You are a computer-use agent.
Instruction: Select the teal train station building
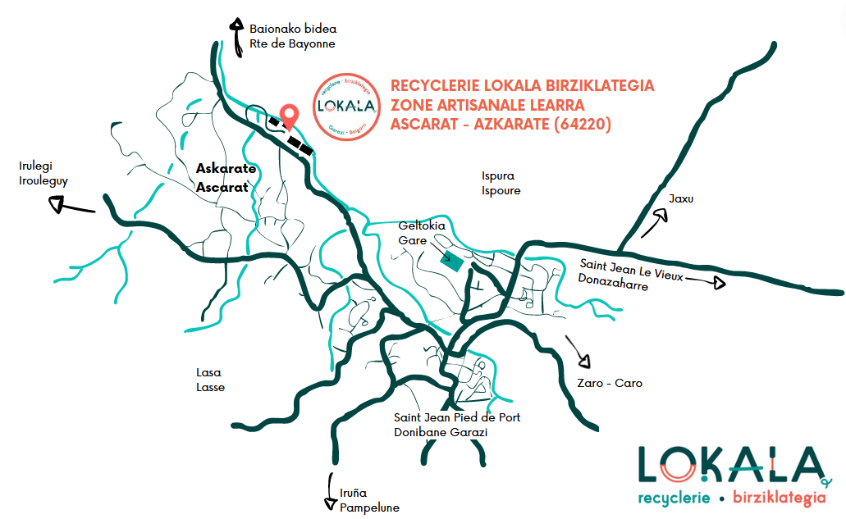[x=450, y=262]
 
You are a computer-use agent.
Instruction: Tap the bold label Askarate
[x=226, y=169]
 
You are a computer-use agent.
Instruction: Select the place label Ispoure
[x=501, y=191]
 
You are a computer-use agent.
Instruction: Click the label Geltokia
[x=421, y=225]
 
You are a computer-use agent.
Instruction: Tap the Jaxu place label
[x=681, y=198]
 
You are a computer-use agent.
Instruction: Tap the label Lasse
[x=210, y=387]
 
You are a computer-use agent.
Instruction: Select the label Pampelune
[x=369, y=507]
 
